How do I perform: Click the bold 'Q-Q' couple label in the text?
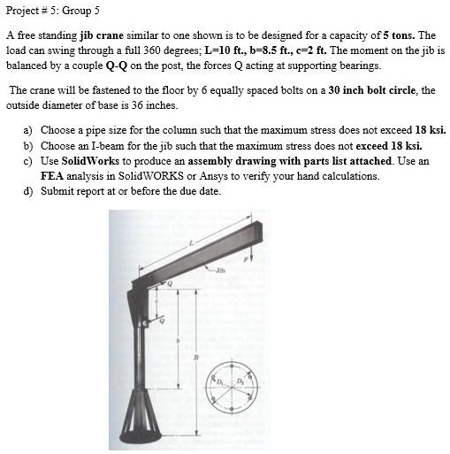click(116, 65)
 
